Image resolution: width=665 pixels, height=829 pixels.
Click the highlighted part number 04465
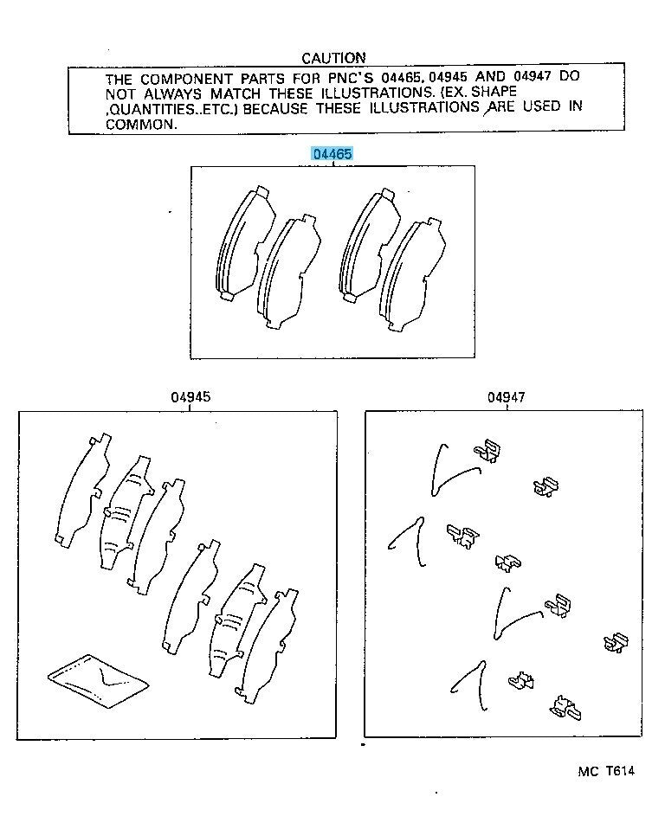pyautogui.click(x=332, y=154)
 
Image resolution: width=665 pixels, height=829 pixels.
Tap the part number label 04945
pyautogui.click(x=190, y=397)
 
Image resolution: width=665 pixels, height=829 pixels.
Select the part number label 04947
pyautogui.click(x=507, y=397)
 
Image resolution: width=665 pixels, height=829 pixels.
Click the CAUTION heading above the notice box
pyautogui.click(x=334, y=58)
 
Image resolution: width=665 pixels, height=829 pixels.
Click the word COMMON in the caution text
pyautogui.click(x=140, y=125)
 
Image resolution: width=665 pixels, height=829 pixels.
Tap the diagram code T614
pyautogui.click(x=620, y=771)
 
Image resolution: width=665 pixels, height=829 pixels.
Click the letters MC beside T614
pyautogui.click(x=588, y=771)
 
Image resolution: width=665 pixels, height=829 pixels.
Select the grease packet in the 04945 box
pyautogui.click(x=98, y=680)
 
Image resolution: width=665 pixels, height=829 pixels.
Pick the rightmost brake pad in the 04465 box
pyautogui.click(x=412, y=275)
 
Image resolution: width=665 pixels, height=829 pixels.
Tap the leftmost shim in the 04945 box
pyautogui.click(x=83, y=490)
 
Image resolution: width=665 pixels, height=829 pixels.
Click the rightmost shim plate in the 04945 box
pyautogui.click(x=267, y=646)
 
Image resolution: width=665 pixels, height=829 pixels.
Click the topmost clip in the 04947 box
pyautogui.click(x=487, y=451)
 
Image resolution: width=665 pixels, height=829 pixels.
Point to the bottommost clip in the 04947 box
pyautogui.click(x=565, y=708)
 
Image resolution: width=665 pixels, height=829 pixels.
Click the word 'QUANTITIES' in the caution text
pyautogui.click(x=147, y=109)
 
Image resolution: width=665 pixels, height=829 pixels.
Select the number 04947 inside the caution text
pyautogui.click(x=532, y=77)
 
